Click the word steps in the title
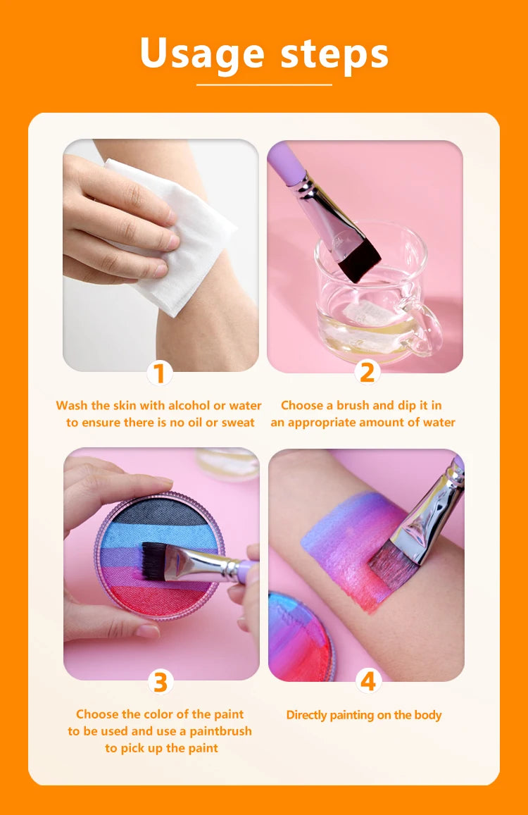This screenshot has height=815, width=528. tap(334, 54)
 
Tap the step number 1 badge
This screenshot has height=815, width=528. tap(160, 373)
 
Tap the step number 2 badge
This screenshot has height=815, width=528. tap(367, 372)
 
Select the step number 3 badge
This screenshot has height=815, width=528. tap(160, 681)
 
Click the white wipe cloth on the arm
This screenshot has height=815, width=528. tap(172, 234)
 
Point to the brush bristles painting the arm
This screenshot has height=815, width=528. tap(392, 566)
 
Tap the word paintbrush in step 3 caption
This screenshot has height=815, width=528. tap(220, 731)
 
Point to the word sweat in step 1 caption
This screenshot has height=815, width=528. tap(238, 423)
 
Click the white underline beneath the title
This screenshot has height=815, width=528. tap(264, 85)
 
